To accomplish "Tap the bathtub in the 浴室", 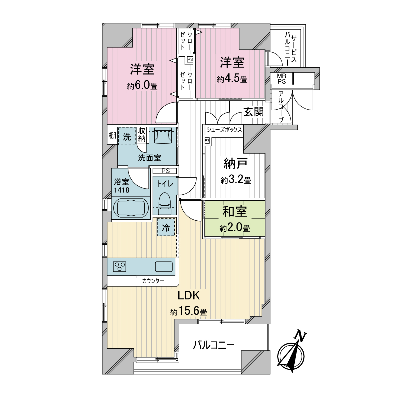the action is point(129,208).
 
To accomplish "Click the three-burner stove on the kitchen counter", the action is point(120,266).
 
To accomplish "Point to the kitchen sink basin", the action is point(164,266).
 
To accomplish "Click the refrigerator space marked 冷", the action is point(166,227).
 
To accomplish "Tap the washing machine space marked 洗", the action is point(127,136).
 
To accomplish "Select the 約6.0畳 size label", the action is point(142,86).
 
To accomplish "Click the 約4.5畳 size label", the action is point(232,79).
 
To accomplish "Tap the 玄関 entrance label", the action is point(253,112).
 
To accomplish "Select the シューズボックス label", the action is point(224,130).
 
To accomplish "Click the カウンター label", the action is point(153,281).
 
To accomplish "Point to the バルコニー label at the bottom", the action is point(214,345).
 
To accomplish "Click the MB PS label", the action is point(282,79).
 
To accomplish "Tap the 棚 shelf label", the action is point(112,136).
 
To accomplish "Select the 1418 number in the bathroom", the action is point(122,190).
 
